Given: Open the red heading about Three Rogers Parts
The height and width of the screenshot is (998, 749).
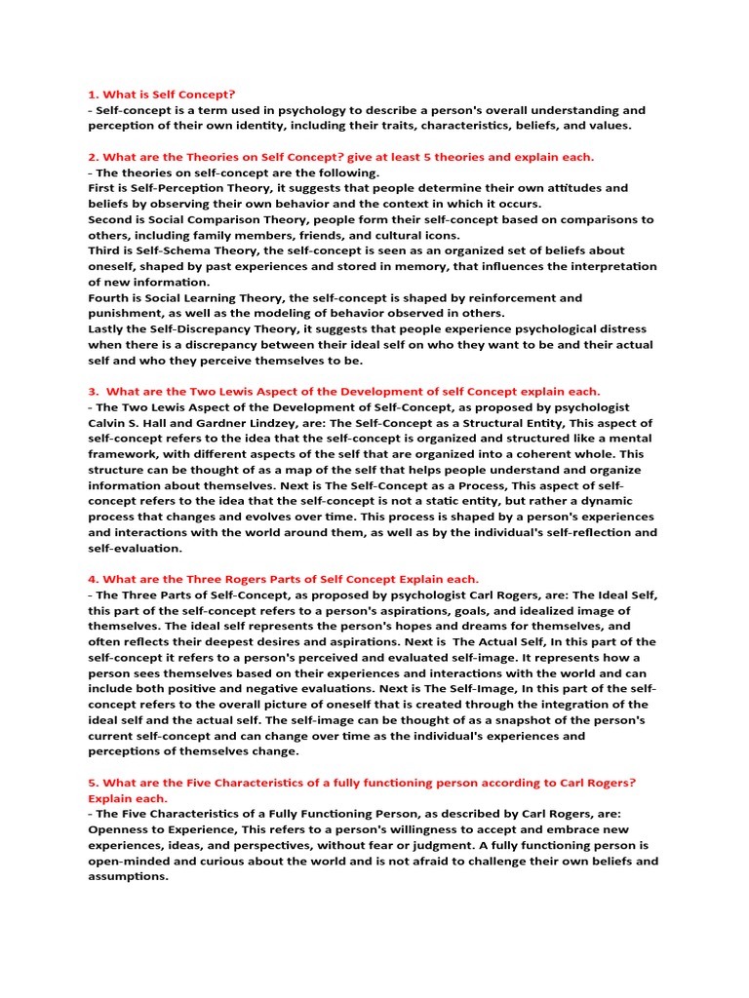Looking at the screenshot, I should [284, 579].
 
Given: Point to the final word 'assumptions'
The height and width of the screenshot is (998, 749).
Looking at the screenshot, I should [128, 876].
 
